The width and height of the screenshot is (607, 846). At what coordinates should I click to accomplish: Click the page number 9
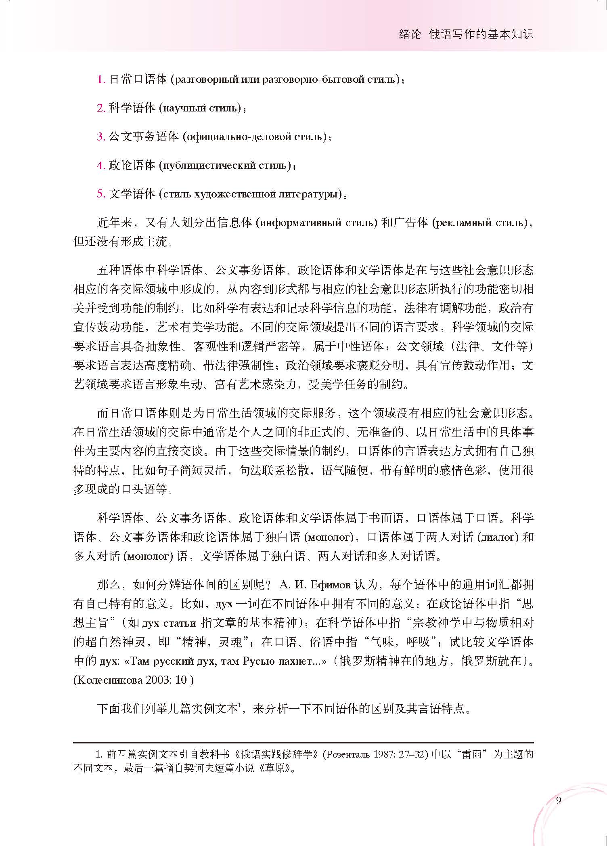click(x=559, y=800)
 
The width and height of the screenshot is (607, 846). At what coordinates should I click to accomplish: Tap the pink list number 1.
click(x=100, y=80)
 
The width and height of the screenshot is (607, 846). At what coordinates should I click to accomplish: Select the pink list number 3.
click(x=100, y=137)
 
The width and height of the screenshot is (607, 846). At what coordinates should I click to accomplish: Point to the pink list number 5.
click(x=100, y=194)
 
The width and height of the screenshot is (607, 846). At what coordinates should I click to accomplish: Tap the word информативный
click(x=301, y=223)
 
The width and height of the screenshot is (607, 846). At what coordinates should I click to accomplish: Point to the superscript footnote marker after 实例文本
click(x=239, y=705)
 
